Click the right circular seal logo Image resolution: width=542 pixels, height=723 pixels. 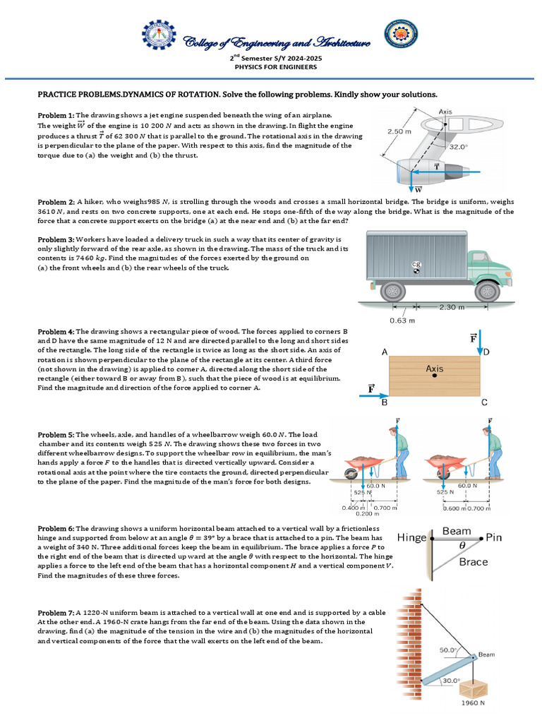pos(399,40)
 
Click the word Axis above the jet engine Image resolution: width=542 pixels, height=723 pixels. pos(445,112)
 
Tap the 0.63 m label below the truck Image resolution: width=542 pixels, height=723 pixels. pos(402,320)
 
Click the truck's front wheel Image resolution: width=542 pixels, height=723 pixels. pos(487,290)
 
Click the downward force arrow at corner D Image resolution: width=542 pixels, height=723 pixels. pos(480,342)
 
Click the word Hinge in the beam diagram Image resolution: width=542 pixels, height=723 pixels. pos(412,538)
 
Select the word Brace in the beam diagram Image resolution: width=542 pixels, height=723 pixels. pos(473,562)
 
